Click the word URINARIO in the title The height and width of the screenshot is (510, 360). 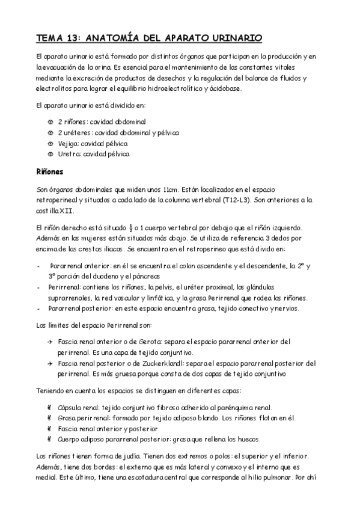point(233,38)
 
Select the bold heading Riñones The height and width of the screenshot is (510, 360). point(50,171)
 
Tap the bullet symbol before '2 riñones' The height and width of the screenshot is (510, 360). point(50,121)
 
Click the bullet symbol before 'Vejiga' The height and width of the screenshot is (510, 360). point(50,143)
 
